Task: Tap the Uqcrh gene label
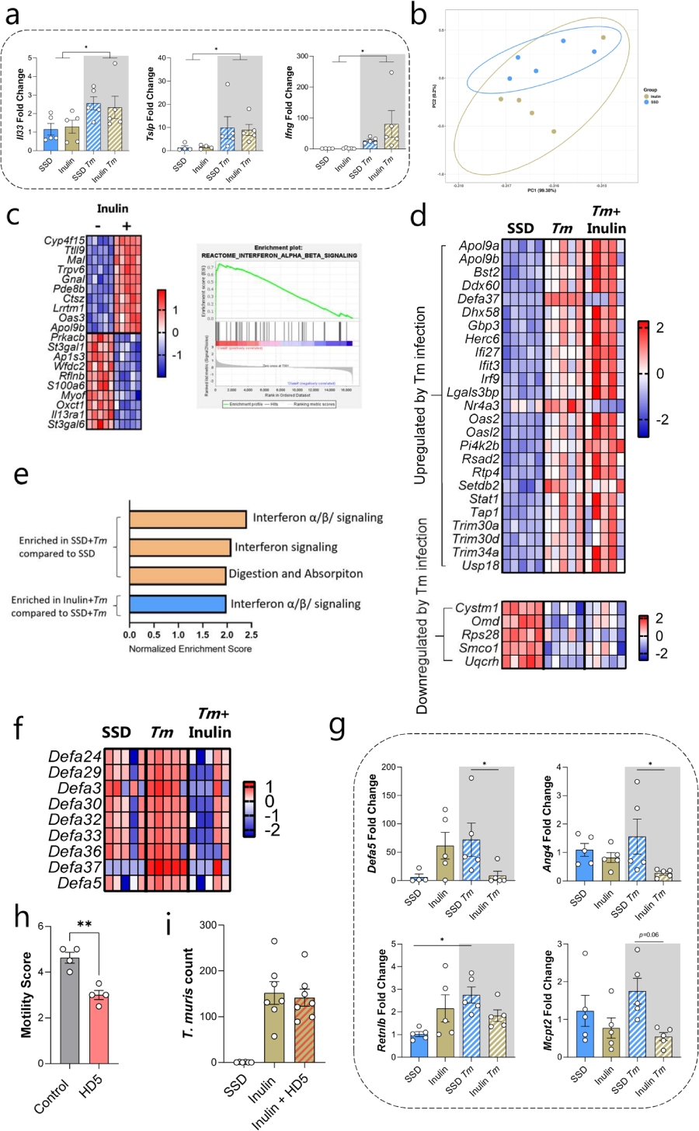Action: (482, 661)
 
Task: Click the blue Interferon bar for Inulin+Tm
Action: (177, 604)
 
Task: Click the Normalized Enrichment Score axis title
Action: (190, 649)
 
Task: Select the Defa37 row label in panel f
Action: (75, 867)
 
